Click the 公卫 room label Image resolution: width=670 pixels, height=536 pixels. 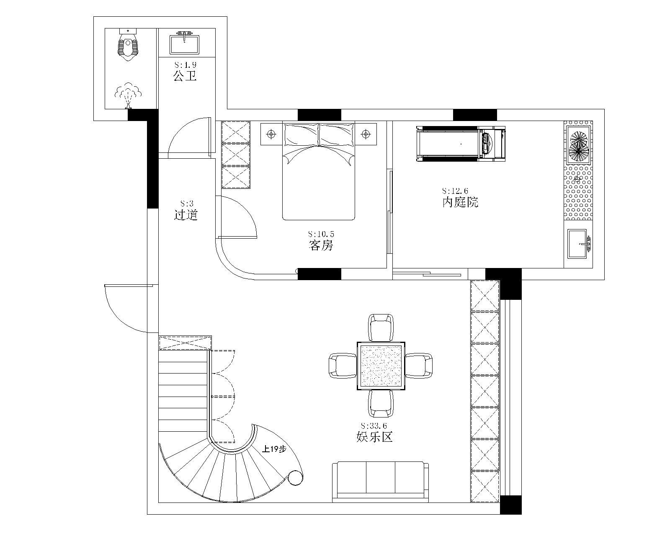185,76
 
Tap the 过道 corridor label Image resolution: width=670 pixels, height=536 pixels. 186,214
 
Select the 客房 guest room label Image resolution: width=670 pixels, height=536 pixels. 321,245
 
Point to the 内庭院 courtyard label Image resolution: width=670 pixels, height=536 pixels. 461,202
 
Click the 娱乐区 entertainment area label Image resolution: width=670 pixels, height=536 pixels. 374,437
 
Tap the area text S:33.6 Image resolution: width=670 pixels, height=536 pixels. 374,425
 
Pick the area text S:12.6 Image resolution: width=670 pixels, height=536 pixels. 455,191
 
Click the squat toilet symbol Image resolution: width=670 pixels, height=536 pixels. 128,45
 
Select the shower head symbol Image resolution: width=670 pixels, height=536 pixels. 129,95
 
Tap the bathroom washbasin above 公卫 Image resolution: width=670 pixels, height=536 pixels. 184,43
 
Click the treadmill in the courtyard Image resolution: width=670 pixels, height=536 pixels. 461,144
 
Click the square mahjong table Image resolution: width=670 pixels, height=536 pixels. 381,366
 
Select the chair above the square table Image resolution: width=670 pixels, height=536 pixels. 381,327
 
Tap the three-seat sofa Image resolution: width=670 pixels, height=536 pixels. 381,482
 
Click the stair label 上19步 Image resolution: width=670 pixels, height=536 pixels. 274,449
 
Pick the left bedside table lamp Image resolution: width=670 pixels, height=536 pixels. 271,134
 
